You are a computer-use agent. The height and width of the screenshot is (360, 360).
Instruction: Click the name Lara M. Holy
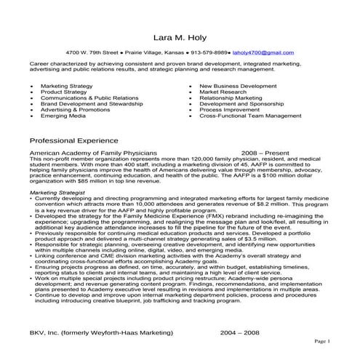pyautogui.click(x=180, y=36)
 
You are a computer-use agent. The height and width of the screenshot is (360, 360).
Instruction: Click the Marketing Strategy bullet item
pyautogui.click(x=68, y=86)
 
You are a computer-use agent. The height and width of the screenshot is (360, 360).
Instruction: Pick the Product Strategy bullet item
pyautogui.click(x=65, y=93)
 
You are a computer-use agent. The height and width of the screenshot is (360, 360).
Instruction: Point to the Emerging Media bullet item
pyautogui.click(x=63, y=116)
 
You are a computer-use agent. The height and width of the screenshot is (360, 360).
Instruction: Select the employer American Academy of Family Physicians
pyautogui.click(x=93, y=154)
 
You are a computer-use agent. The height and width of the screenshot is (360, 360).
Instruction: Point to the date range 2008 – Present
pyautogui.click(x=265, y=154)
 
